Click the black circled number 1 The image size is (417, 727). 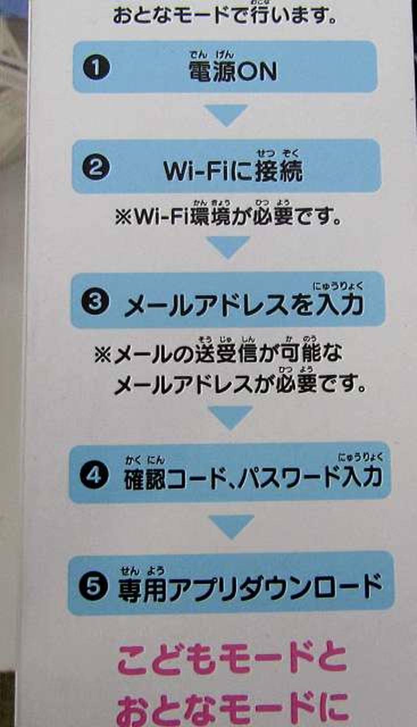click(97, 68)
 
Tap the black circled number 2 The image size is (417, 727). click(95, 168)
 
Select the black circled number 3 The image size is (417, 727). click(95, 303)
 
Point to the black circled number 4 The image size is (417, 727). click(94, 476)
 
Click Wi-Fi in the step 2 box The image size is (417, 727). click(198, 171)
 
